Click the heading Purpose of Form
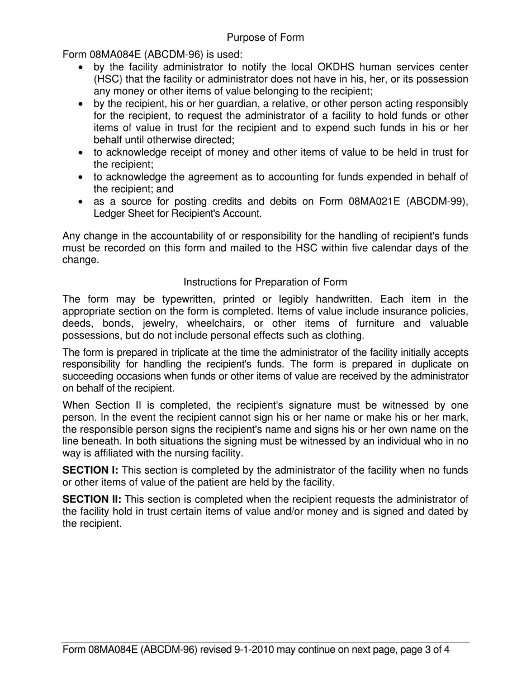coord(265,37)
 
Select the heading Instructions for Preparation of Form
coord(265,282)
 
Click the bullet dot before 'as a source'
coord(82,202)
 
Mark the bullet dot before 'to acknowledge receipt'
coord(82,152)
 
